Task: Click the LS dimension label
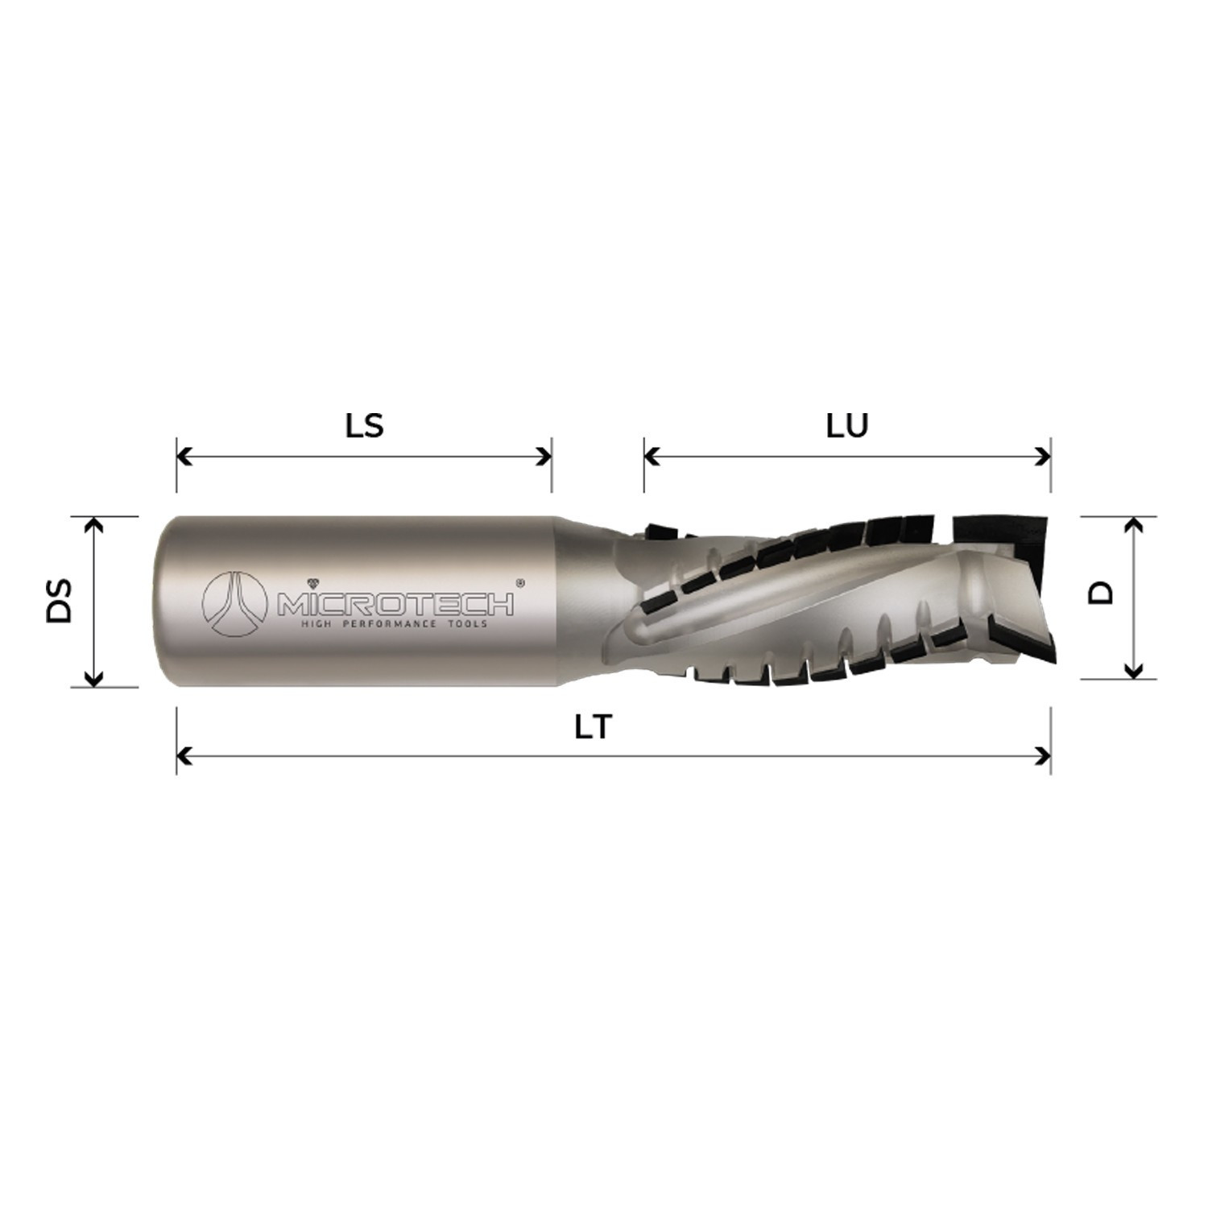click(x=364, y=425)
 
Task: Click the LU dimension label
click(x=847, y=425)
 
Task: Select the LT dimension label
click(x=594, y=727)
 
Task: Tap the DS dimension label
click(x=60, y=599)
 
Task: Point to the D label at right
click(x=1100, y=593)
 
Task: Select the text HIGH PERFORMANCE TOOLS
click(x=394, y=624)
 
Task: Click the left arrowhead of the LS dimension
click(x=184, y=457)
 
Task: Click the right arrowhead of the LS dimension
click(x=544, y=457)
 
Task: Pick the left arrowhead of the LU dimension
click(x=652, y=457)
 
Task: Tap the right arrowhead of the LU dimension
click(x=1044, y=457)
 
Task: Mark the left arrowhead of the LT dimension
click(x=184, y=756)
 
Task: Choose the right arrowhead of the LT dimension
click(x=1044, y=756)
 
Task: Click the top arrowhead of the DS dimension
click(x=94, y=524)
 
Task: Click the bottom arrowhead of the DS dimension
click(x=94, y=679)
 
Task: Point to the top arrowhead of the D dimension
click(x=1134, y=524)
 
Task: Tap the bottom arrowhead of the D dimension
click(x=1134, y=671)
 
